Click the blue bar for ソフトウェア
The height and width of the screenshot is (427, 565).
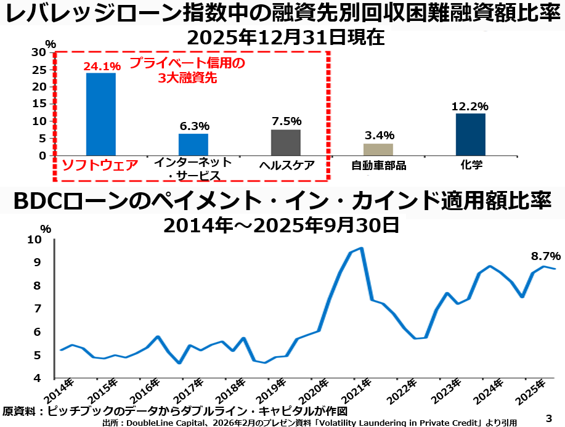[x=100, y=114]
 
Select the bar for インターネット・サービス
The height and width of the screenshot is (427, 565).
[x=193, y=144]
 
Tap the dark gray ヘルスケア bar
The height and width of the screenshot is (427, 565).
[x=286, y=142]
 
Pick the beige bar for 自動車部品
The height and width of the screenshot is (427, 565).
[x=378, y=149]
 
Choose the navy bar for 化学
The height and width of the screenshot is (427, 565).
[x=471, y=134]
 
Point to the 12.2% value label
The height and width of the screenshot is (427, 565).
[x=470, y=107]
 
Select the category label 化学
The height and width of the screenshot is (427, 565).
[x=471, y=165]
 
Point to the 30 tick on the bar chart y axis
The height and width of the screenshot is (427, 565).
[x=38, y=52]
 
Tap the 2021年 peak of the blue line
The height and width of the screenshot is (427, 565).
[x=361, y=248]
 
